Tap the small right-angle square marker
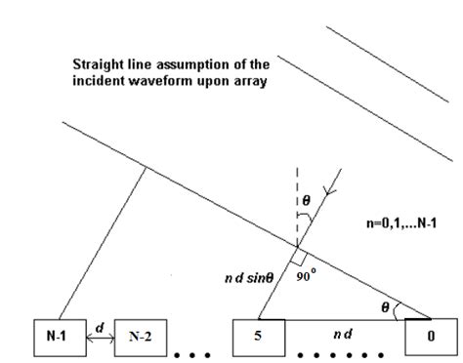295,263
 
